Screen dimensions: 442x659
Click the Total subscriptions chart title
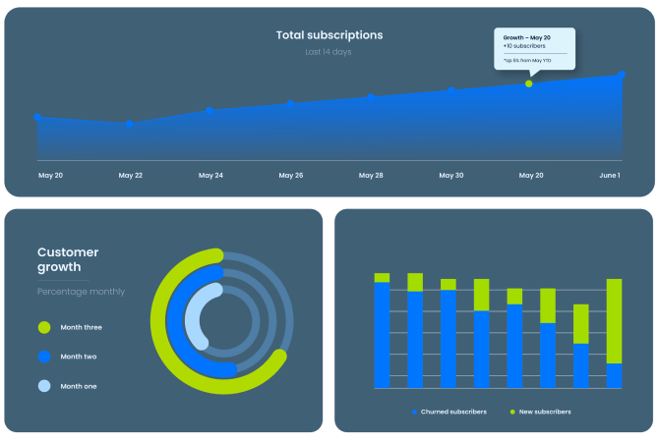point(329,35)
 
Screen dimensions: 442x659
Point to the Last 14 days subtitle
point(329,52)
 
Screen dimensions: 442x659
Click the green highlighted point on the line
point(528,83)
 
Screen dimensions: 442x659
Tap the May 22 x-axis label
point(131,175)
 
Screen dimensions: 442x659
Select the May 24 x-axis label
point(210,175)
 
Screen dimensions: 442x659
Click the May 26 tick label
point(291,175)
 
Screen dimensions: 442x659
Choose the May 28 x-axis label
point(371,175)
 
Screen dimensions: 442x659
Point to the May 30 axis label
point(451,175)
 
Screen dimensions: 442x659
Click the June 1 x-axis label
point(610,175)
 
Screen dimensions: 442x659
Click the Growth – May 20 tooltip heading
point(526,37)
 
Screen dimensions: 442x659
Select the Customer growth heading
point(68,259)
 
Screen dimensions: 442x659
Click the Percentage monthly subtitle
point(81,292)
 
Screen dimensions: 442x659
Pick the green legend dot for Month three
point(44,327)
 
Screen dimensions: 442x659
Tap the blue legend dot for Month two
point(44,357)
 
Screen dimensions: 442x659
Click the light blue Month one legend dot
point(44,386)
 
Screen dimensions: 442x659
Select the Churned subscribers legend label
point(453,412)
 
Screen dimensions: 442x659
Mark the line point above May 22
point(130,124)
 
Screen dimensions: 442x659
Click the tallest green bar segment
point(614,321)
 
